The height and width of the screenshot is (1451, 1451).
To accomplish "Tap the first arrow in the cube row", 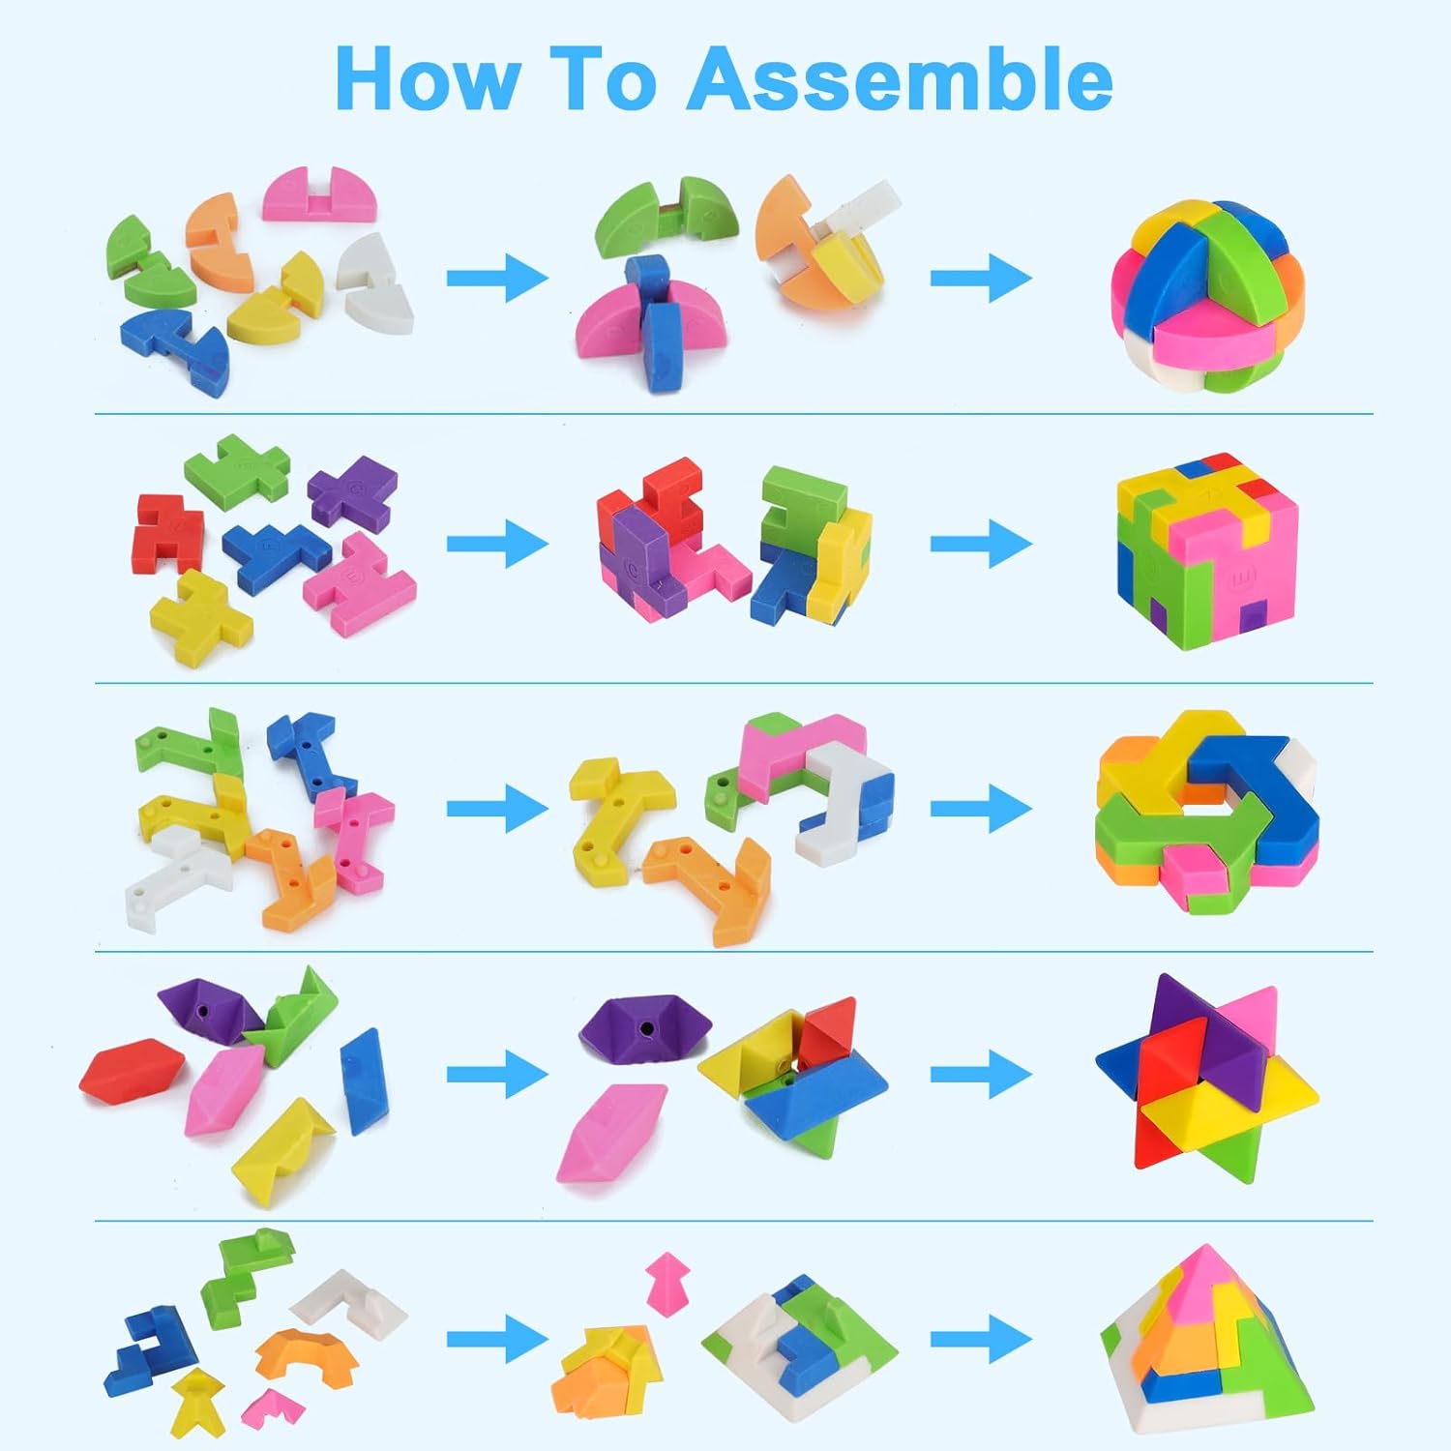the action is [x=497, y=543].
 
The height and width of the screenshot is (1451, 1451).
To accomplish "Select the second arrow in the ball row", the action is [x=982, y=279].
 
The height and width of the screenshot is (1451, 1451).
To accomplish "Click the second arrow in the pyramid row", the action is [x=982, y=1341].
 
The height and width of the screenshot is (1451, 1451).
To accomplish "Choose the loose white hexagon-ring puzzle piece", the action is [x=177, y=876].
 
